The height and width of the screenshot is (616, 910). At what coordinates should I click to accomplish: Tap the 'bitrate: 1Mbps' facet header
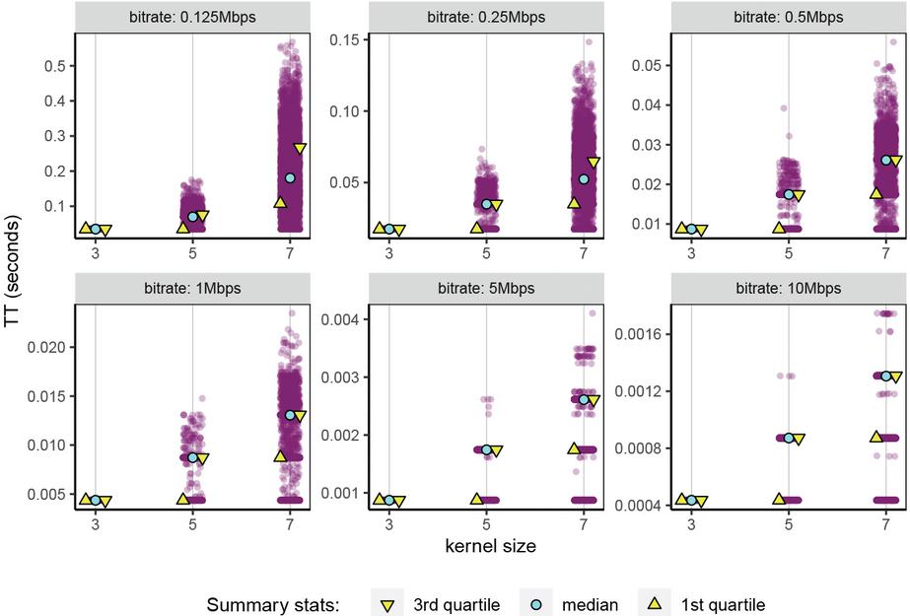[x=194, y=289]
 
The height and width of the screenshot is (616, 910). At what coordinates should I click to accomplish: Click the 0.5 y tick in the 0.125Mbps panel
[x=54, y=66]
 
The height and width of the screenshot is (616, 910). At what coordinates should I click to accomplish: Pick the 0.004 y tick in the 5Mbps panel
[x=351, y=319]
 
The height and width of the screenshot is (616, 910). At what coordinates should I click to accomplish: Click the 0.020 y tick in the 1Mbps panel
[x=51, y=348]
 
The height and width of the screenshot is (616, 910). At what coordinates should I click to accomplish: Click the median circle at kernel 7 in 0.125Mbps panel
[x=290, y=178]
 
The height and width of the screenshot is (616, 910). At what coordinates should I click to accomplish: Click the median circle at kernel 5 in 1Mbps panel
[x=193, y=457]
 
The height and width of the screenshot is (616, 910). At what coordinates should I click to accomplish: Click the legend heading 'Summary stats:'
[x=273, y=604]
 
